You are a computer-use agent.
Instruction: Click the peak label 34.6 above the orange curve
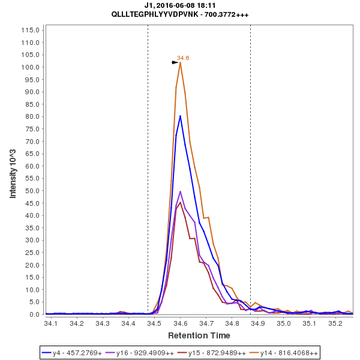183,58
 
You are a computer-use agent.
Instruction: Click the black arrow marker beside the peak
175,62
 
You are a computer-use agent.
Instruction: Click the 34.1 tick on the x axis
51,324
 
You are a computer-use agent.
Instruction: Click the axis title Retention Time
199,335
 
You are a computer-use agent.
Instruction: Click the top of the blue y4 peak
180,116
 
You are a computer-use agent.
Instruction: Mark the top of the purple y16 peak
180,191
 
